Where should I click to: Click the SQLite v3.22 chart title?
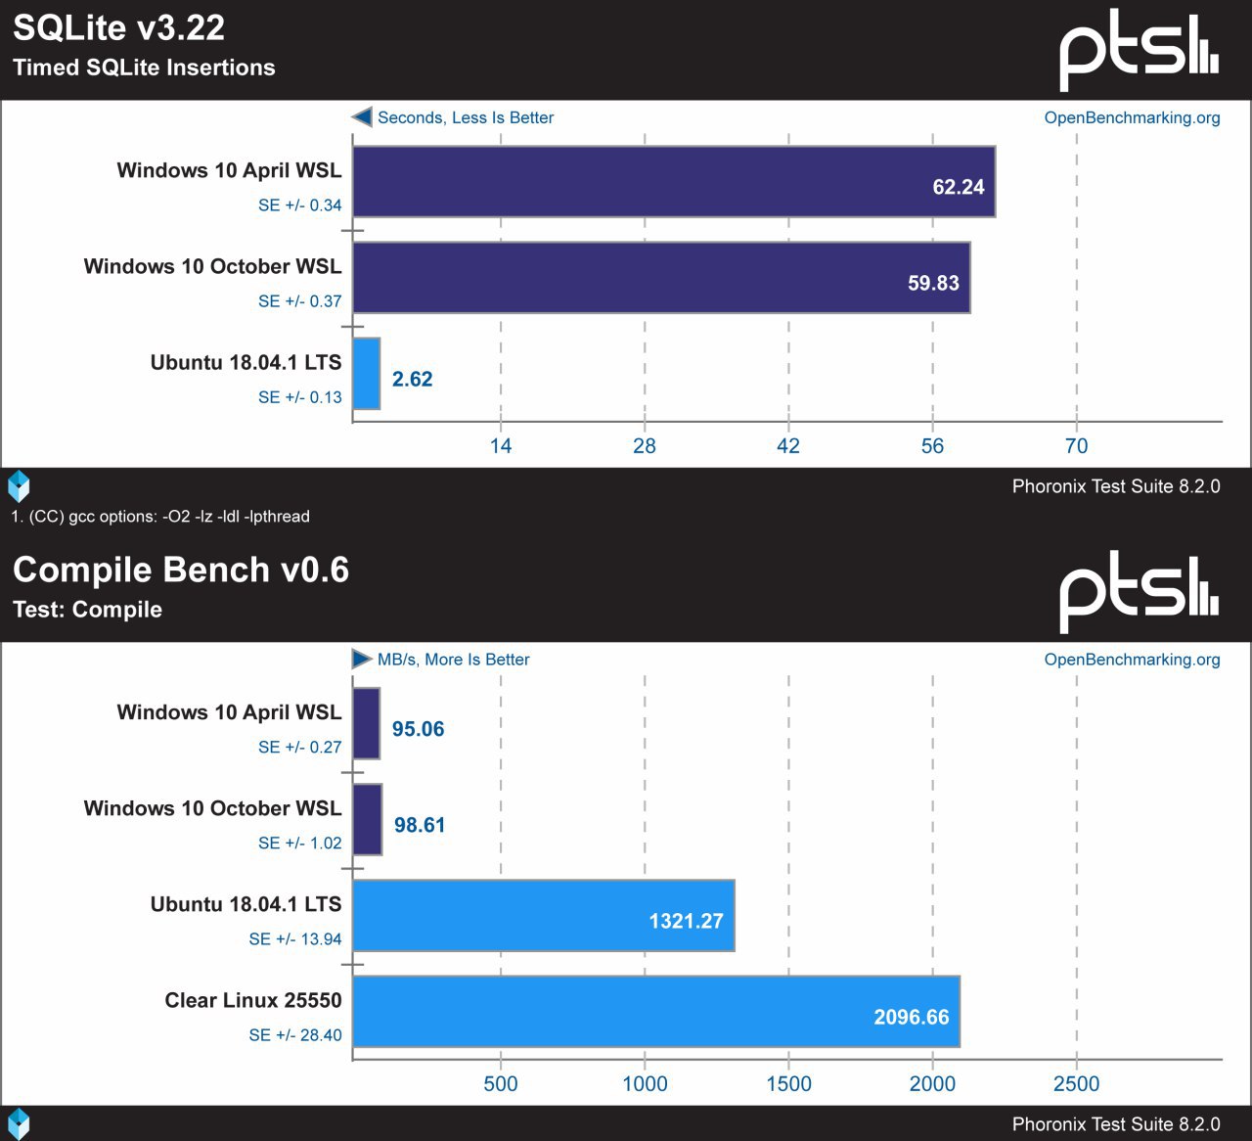(118, 27)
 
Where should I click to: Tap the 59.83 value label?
(933, 283)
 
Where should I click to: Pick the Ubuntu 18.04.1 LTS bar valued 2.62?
(366, 374)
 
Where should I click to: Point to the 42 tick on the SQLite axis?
(787, 446)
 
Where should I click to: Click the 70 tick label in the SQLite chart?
(1076, 446)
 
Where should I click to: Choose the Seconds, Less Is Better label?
(466, 117)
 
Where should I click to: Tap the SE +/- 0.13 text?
(299, 397)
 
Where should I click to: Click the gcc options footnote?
(160, 517)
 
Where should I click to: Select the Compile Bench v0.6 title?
(181, 570)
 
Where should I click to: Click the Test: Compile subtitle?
(88, 610)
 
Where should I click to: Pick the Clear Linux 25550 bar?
(655, 1011)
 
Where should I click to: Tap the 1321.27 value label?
(686, 921)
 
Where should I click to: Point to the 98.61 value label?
(420, 825)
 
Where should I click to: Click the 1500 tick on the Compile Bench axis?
(787, 1084)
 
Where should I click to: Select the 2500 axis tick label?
(1076, 1084)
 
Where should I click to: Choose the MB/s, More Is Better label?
(453, 660)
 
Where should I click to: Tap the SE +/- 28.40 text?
(294, 1035)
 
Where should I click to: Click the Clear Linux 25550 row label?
(253, 1000)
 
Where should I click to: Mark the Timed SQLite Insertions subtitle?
(144, 68)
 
